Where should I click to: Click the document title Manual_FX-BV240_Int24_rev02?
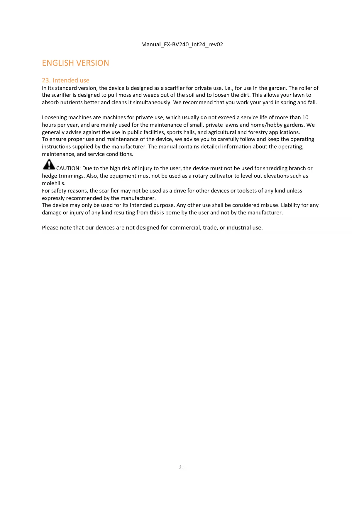tap(182, 45)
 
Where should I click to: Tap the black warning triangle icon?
tap(49, 165)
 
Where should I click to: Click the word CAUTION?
tap(68, 169)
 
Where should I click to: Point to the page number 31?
tap(182, 467)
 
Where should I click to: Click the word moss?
tap(125, 95)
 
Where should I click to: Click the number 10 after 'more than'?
tap(305, 118)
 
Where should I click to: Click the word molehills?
tap(53, 183)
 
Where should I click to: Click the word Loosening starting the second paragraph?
tap(54, 118)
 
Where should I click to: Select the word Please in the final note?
tap(50, 228)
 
